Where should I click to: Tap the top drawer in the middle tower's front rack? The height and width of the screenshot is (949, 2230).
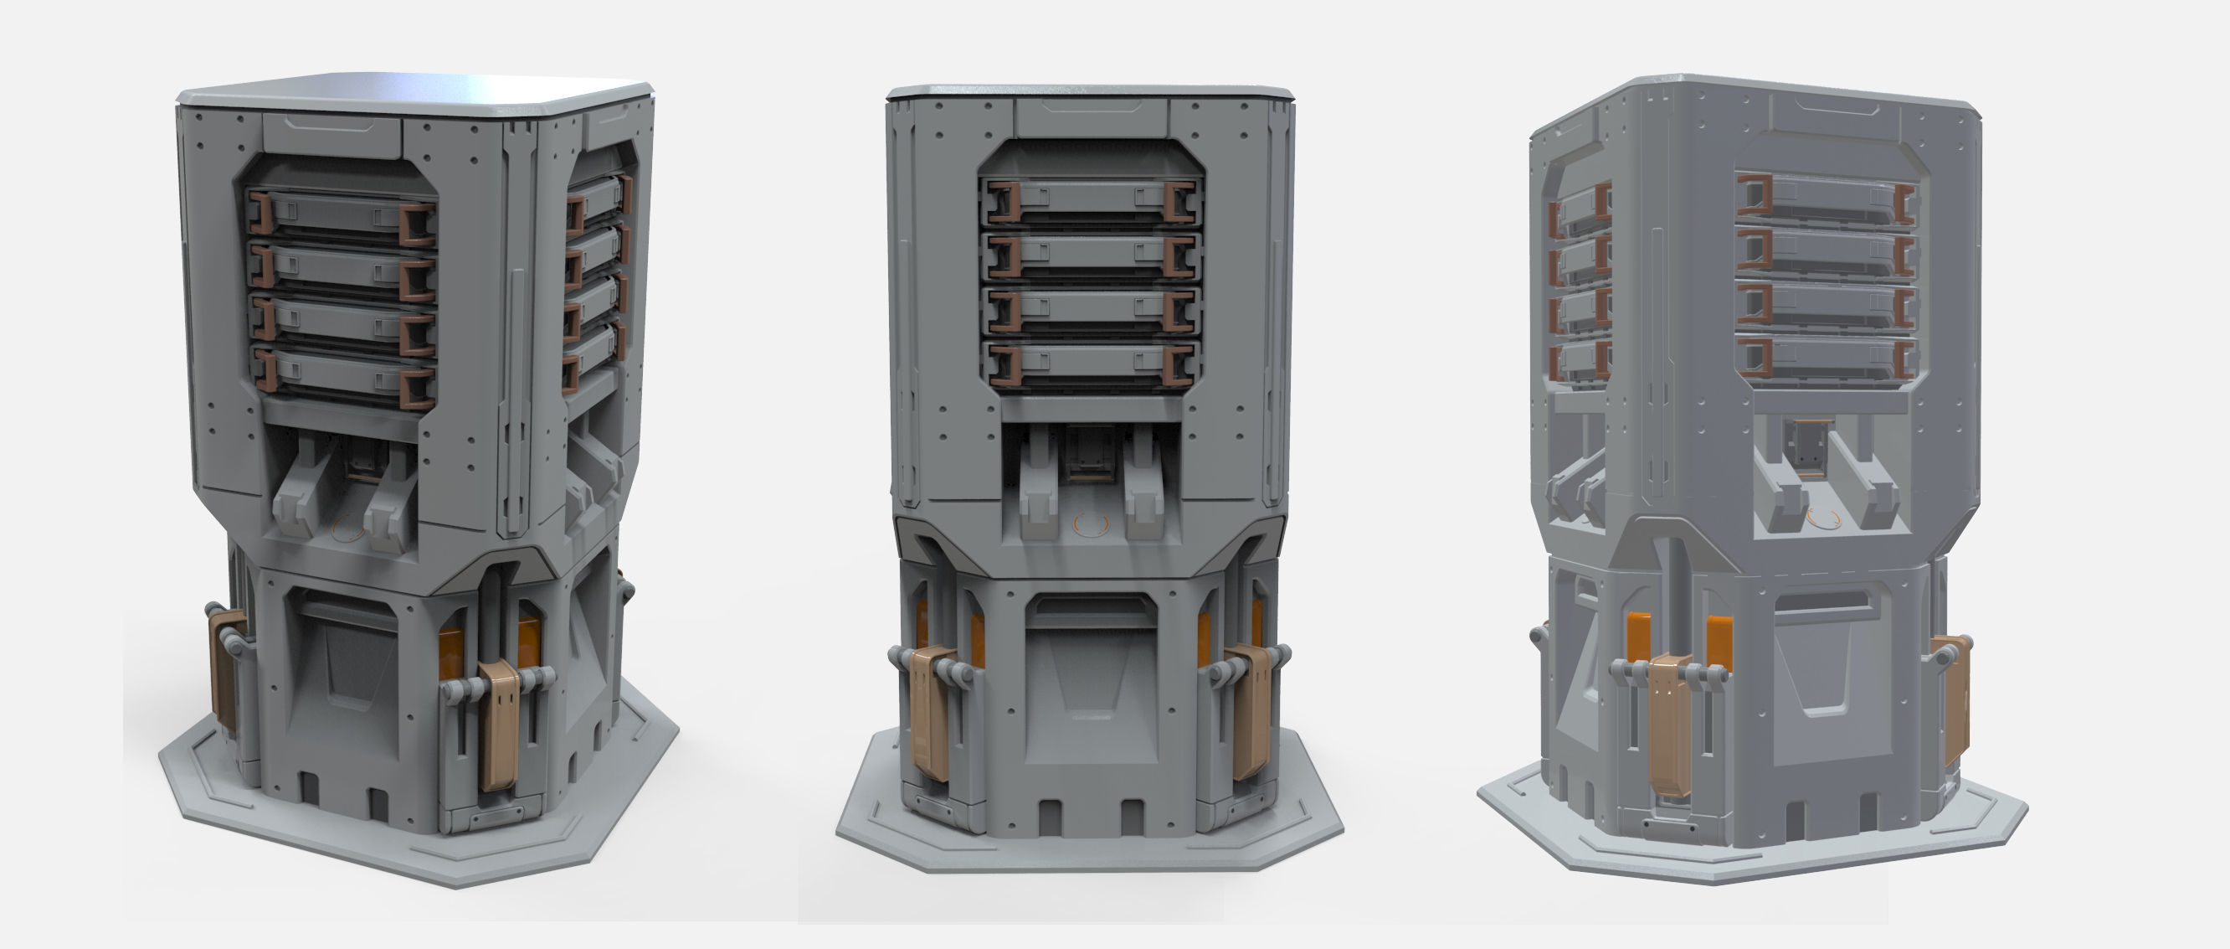1091,201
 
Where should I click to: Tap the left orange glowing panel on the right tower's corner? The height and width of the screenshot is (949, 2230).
1639,637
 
